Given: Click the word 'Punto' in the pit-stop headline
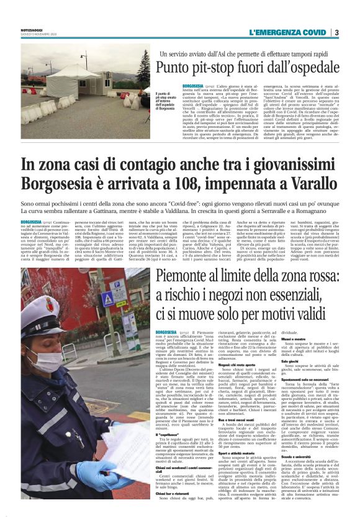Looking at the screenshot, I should click(176, 68).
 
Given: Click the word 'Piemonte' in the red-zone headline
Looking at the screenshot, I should click(186, 280).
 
